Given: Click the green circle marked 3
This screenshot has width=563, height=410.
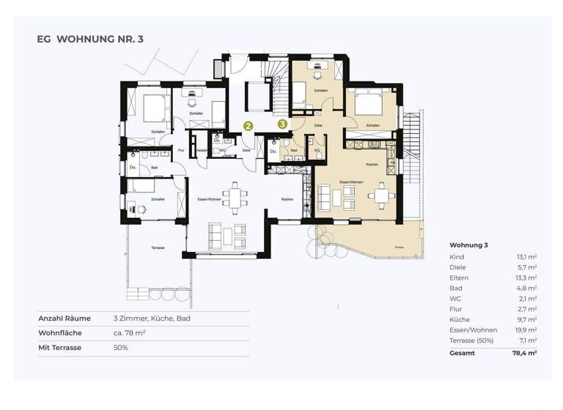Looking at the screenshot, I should click(282, 124).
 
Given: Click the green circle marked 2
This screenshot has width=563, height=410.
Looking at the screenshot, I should click(249, 126).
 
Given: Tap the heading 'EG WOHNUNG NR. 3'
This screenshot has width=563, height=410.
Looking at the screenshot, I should click(90, 39).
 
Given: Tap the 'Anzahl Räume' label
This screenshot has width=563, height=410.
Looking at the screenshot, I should click(65, 318).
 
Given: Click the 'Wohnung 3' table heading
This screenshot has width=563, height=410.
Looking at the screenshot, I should click(468, 245).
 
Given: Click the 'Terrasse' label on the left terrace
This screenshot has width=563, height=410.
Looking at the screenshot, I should click(158, 248).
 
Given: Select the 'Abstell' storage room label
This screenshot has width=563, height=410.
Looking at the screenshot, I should click(202, 150).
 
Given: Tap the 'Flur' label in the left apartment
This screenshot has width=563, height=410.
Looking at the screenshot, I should click(180, 150).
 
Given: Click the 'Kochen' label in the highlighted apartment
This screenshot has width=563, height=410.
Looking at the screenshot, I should click(372, 165).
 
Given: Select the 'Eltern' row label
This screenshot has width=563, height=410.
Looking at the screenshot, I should click(459, 278).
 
